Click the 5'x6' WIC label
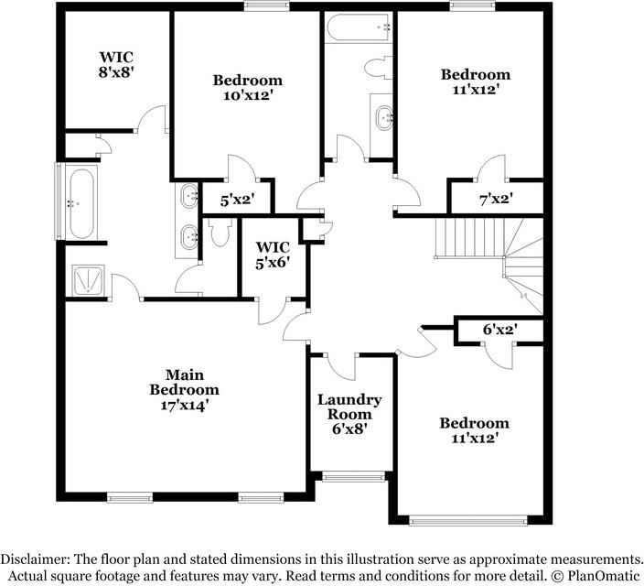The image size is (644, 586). (x=274, y=255)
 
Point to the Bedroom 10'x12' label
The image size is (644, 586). (x=247, y=87)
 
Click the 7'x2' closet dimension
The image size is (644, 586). (x=495, y=198)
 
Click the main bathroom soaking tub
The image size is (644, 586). (x=80, y=203)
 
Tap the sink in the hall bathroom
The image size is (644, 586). (x=384, y=116)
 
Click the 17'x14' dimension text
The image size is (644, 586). (x=184, y=404)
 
